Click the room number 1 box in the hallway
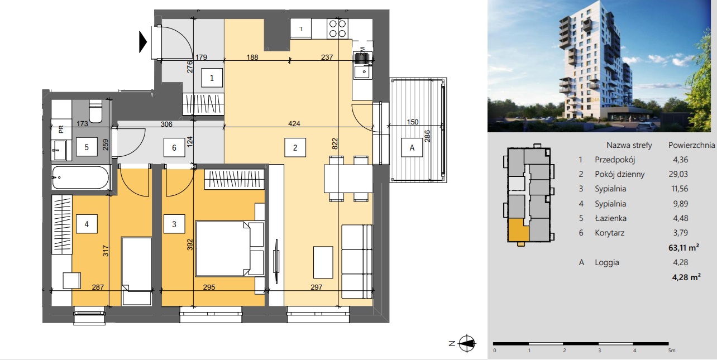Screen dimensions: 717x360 pyautogui.click(x=212, y=78)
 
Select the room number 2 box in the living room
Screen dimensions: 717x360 pyautogui.click(x=295, y=147)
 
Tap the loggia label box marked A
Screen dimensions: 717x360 pyautogui.click(x=412, y=147)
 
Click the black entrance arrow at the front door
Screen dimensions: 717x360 pyautogui.click(x=143, y=42)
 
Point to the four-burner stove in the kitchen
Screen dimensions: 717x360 pyautogui.click(x=337, y=29)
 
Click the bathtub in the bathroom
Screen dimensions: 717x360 pyautogui.click(x=80, y=177)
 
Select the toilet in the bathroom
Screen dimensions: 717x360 pyautogui.click(x=95, y=111)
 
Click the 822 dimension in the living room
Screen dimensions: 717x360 pyautogui.click(x=334, y=143)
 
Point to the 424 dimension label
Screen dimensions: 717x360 pyautogui.click(x=294, y=123)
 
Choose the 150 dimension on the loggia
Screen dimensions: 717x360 pyautogui.click(x=413, y=122)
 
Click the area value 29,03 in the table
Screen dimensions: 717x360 pyautogui.click(x=678, y=174)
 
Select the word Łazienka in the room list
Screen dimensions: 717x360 pyautogui.click(x=610, y=218)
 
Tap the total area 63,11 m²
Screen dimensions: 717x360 pyautogui.click(x=683, y=247)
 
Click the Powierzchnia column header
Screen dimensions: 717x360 pyautogui.click(x=691, y=145)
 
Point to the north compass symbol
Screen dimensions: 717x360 pyautogui.click(x=467, y=343)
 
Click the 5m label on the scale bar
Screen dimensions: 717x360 pyautogui.click(x=672, y=351)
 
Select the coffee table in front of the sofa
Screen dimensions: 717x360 pyautogui.click(x=323, y=262)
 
